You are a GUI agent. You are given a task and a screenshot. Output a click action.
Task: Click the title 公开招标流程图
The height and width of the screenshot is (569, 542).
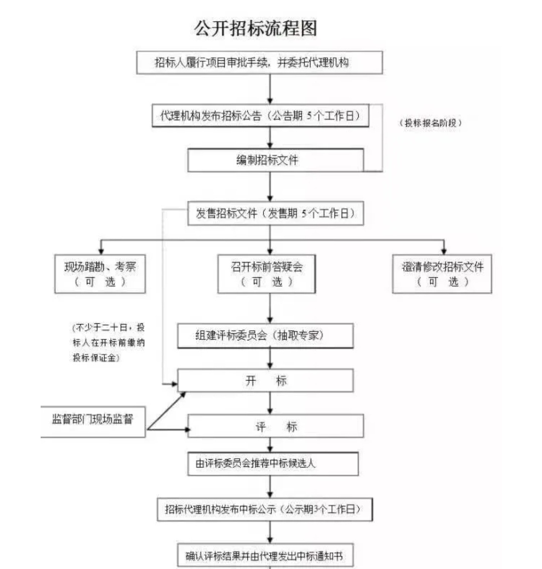(x=255, y=28)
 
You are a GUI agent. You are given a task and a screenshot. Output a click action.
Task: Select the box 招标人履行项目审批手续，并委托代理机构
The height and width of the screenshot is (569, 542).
(x=259, y=63)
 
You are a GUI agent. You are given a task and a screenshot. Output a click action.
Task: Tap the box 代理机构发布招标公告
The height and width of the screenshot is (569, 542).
(x=260, y=116)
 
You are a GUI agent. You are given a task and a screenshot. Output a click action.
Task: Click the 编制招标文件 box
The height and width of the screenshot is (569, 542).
(x=275, y=160)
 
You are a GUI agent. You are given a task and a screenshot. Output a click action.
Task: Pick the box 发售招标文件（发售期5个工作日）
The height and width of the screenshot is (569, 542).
(x=275, y=214)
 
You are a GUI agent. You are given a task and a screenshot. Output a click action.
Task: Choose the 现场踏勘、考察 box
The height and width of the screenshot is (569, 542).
(x=100, y=274)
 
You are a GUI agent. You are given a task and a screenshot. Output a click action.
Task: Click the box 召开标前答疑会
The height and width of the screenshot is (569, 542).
(x=266, y=274)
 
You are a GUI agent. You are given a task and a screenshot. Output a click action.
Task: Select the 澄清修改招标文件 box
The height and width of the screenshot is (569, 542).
(x=442, y=274)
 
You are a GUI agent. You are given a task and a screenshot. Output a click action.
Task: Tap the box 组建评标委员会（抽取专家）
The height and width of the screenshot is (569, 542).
(x=265, y=336)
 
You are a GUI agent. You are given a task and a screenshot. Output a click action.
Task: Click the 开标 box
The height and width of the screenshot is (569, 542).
(x=265, y=381)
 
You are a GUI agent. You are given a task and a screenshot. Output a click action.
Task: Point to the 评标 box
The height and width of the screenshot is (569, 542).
(x=276, y=427)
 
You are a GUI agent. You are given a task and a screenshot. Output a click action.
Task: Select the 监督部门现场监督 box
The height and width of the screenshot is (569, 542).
(x=93, y=420)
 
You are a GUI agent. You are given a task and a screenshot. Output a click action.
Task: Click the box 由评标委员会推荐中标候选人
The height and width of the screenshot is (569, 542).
(x=273, y=464)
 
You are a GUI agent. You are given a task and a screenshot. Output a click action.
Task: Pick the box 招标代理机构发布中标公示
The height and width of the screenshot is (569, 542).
(x=264, y=509)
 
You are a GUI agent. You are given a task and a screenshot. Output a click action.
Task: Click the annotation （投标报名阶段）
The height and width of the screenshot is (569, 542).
(x=431, y=123)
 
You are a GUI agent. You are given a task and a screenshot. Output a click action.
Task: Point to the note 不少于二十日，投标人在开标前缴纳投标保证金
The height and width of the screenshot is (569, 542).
(x=108, y=342)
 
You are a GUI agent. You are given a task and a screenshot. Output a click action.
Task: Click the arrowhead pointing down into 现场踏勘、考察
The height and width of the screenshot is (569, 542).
(x=101, y=250)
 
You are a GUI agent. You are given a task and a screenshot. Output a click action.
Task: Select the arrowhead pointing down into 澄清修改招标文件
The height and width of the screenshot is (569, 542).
(x=443, y=250)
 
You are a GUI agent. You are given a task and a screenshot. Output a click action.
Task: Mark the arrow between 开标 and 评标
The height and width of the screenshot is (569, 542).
(x=270, y=403)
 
